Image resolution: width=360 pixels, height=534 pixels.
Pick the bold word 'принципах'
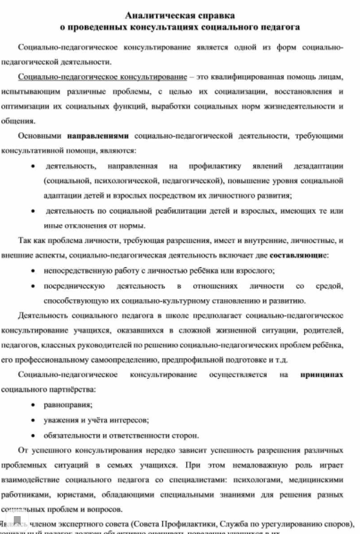tap(321, 375)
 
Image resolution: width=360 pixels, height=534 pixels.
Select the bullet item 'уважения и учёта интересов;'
tap(97, 420)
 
